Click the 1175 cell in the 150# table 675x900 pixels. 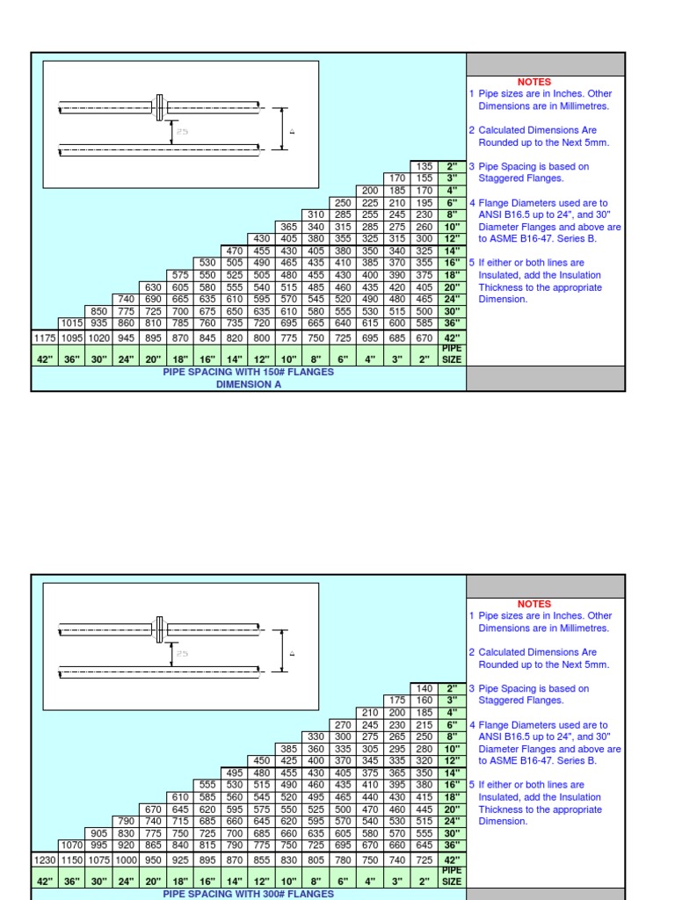tap(44, 338)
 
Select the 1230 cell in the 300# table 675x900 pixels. tap(44, 860)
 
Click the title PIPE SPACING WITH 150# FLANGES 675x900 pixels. tap(249, 373)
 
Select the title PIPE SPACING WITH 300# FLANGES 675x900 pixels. tap(249, 894)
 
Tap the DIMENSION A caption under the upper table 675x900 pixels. tap(249, 384)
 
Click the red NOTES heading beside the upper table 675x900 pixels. tap(534, 82)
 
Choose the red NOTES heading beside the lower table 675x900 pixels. tap(534, 604)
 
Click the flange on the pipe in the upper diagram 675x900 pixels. tap(160, 107)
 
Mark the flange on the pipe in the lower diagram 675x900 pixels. tap(160, 629)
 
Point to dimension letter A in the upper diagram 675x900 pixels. tap(291, 131)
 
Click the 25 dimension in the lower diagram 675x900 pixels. tap(183, 653)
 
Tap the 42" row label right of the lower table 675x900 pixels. tap(452, 860)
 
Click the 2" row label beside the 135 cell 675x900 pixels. tap(452, 166)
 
